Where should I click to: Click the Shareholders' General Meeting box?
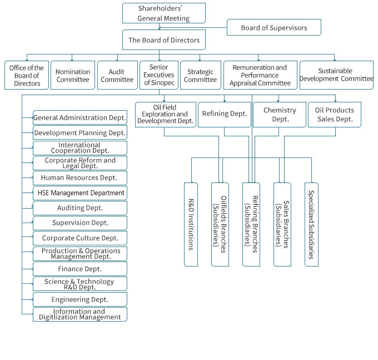[163, 13]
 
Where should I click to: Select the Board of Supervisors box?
[274, 27]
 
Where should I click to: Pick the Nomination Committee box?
[73, 75]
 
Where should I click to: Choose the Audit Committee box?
[117, 75]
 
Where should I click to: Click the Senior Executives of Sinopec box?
[159, 75]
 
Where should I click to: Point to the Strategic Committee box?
[201, 75]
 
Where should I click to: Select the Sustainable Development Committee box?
[336, 75]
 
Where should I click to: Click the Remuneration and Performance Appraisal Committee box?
[260, 75]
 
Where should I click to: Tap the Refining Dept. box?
[224, 114]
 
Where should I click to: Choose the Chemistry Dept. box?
[280, 114]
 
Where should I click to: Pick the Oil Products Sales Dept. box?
[335, 114]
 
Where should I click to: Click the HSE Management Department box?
[80, 193]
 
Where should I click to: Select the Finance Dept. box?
[80, 269]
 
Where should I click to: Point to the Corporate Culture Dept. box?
[80, 238]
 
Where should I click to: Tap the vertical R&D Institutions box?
[191, 224]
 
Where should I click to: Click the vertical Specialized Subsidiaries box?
[311, 224]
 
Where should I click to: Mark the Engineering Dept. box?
[80, 299]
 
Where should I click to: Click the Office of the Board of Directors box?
[27, 75]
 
